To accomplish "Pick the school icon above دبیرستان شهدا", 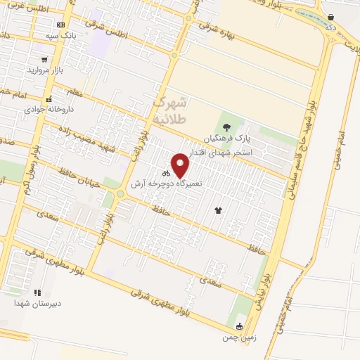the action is point(37,292).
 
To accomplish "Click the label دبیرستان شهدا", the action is point(37,303).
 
